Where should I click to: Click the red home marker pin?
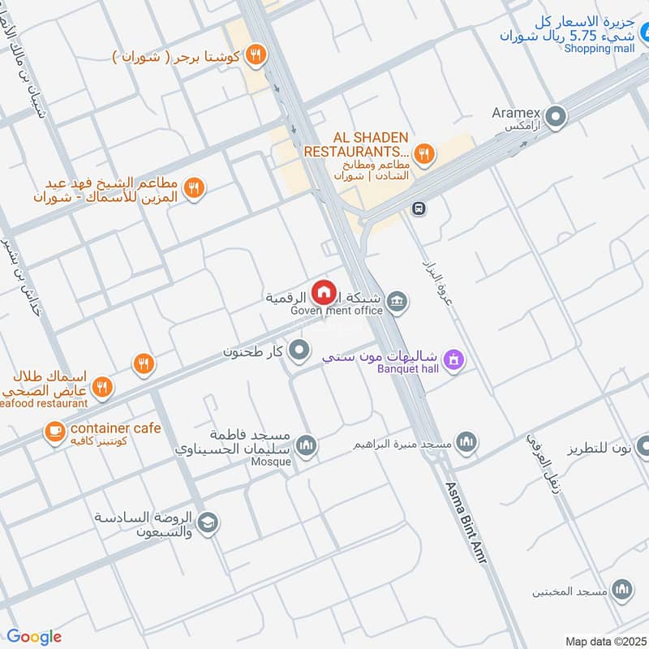pos(324,291)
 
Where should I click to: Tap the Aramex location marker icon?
pos(556,118)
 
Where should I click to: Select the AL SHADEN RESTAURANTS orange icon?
pos(423,152)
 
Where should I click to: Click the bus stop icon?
pos(418,208)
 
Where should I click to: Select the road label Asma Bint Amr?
pos(469,524)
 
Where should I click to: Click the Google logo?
pos(34,637)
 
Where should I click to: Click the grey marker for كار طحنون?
pos(300,351)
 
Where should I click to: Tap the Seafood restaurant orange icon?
pos(101,386)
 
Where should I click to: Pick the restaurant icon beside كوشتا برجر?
pos(256,54)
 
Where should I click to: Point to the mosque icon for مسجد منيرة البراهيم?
pos(466,442)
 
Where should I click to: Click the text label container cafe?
pos(116,428)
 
